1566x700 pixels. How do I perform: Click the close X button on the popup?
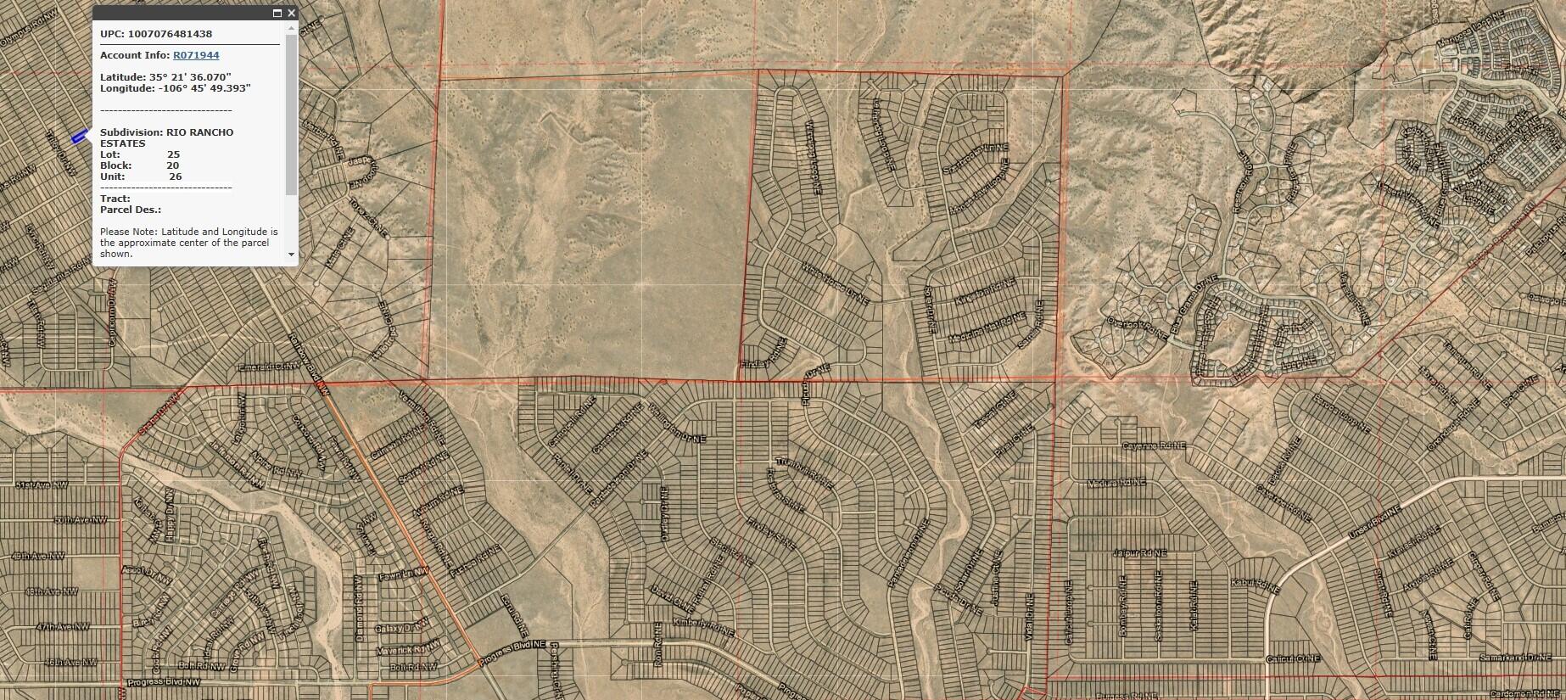[291, 13]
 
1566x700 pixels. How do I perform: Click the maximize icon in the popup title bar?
[277, 13]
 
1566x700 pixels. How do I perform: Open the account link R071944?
[196, 55]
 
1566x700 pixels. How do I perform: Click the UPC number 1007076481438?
[170, 34]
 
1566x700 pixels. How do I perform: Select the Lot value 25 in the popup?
[173, 154]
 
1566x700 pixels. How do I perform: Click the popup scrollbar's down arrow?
[292, 254]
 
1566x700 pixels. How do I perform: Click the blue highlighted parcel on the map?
[79, 136]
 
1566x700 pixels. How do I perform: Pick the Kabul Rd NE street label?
[1255, 583]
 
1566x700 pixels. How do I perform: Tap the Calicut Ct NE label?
[1293, 659]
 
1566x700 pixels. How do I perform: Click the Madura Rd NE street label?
[1116, 483]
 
